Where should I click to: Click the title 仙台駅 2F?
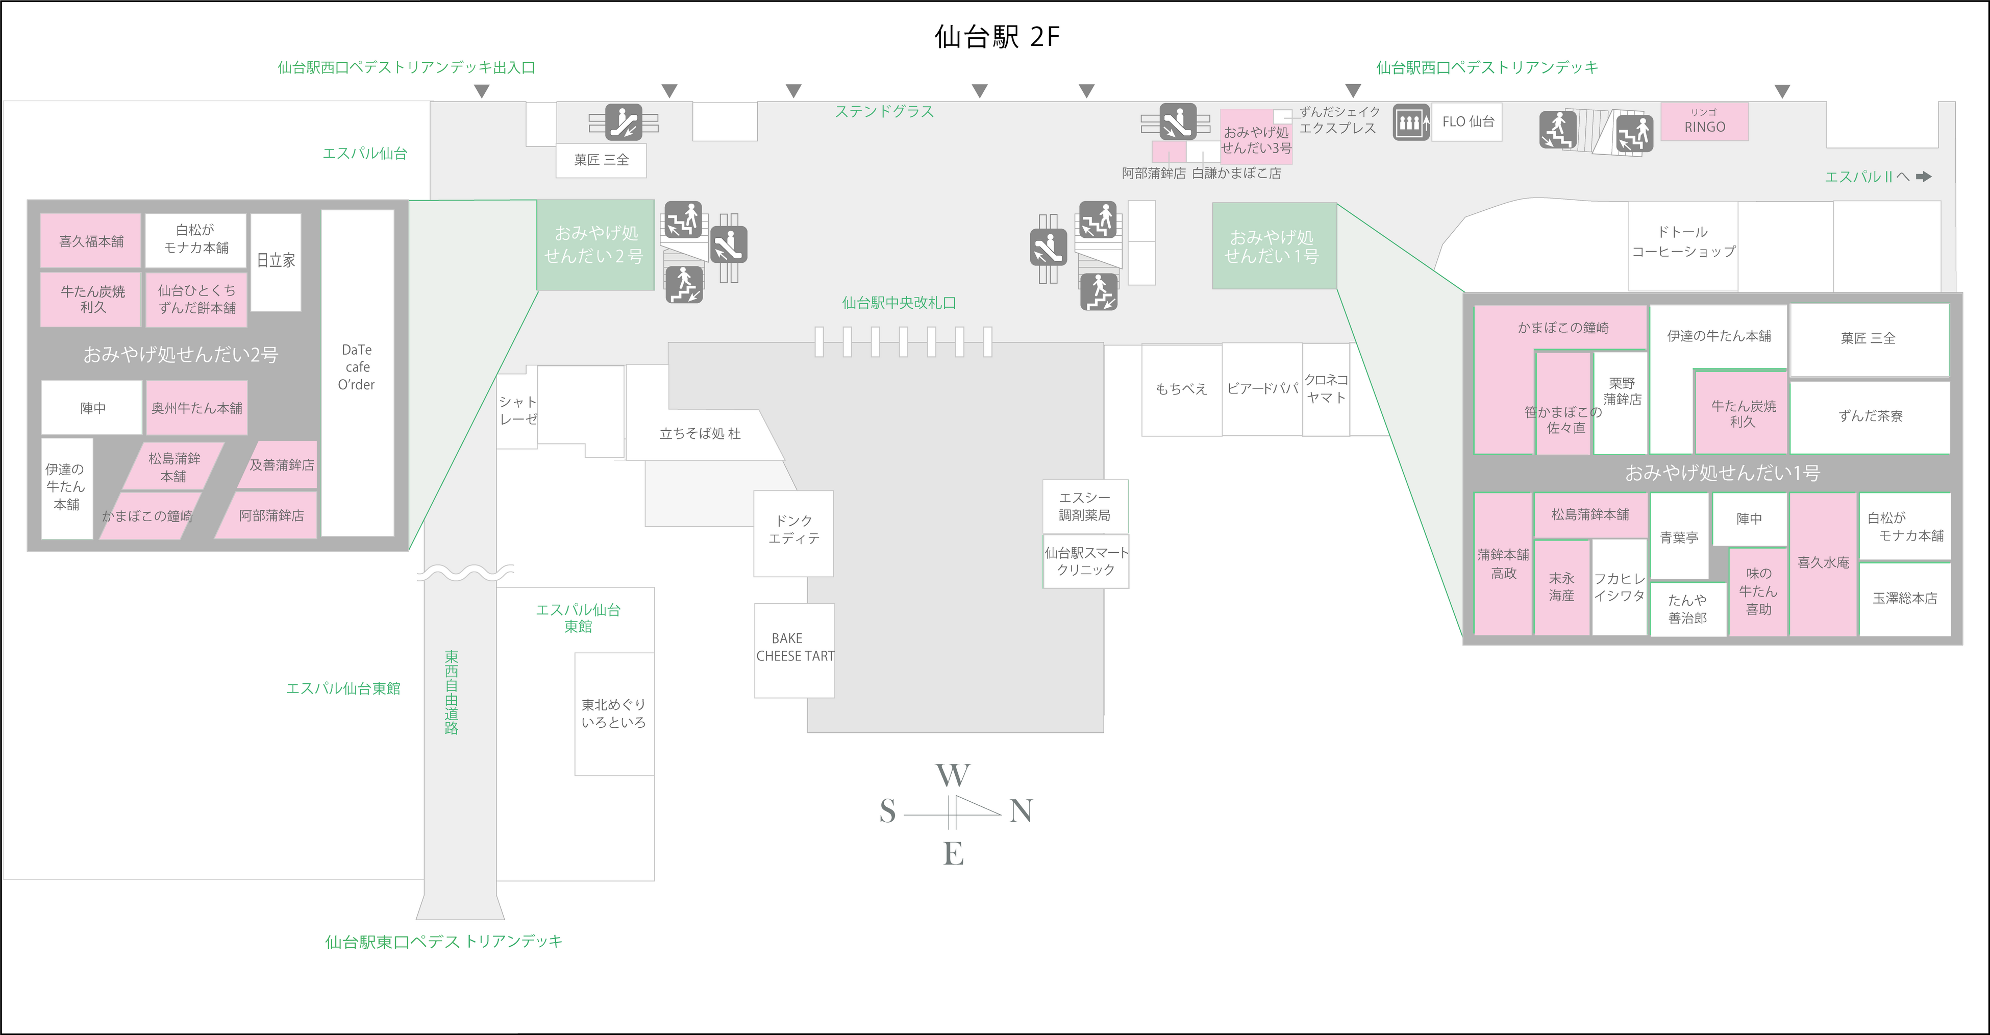click(997, 36)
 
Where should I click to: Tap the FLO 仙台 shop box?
click(1467, 122)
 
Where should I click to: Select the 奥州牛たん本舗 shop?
click(196, 408)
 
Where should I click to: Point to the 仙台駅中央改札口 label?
click(899, 303)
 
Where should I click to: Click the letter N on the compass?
click(1021, 811)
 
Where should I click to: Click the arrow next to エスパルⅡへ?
click(1924, 177)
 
